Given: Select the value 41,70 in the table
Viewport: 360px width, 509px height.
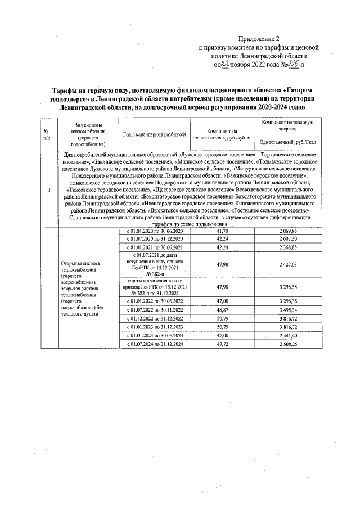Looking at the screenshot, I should coord(222,231).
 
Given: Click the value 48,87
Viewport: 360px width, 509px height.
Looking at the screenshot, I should coord(222,309).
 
